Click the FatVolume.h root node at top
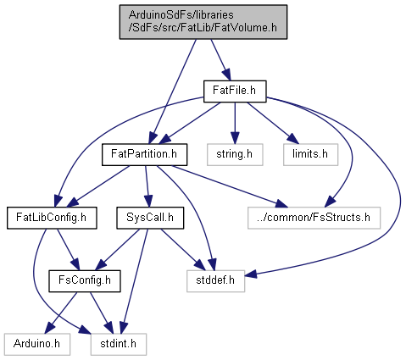click(x=203, y=22)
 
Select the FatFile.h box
click(x=235, y=91)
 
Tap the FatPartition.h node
click(x=144, y=154)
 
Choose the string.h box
click(x=235, y=154)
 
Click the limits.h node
click(x=310, y=154)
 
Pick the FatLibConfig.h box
click(x=52, y=218)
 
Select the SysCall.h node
click(x=150, y=218)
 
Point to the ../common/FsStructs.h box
click(x=314, y=218)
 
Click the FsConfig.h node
click(x=85, y=281)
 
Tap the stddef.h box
click(x=215, y=281)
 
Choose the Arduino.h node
click(x=37, y=344)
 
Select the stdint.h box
click(x=119, y=344)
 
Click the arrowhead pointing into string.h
click(x=235, y=138)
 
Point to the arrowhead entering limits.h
click(x=293, y=139)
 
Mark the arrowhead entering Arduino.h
click(x=50, y=329)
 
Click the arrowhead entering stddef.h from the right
click(x=251, y=274)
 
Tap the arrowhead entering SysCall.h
click(x=148, y=202)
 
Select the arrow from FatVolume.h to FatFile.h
click(x=220, y=60)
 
